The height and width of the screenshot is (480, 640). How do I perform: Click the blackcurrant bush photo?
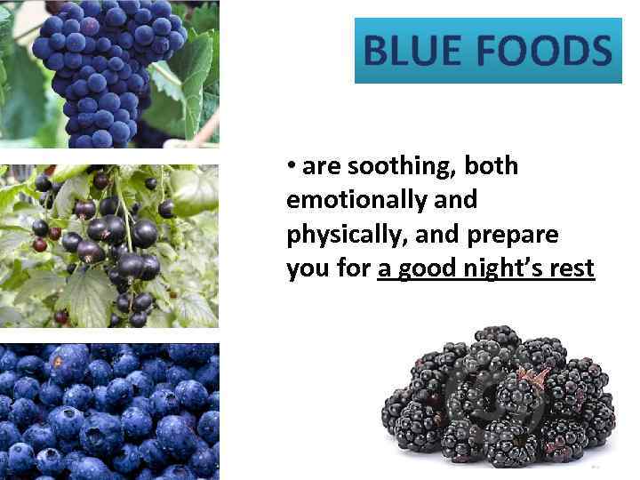108,246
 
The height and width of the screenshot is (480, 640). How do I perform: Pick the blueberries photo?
108,411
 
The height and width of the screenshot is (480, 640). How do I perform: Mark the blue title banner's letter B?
376,51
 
